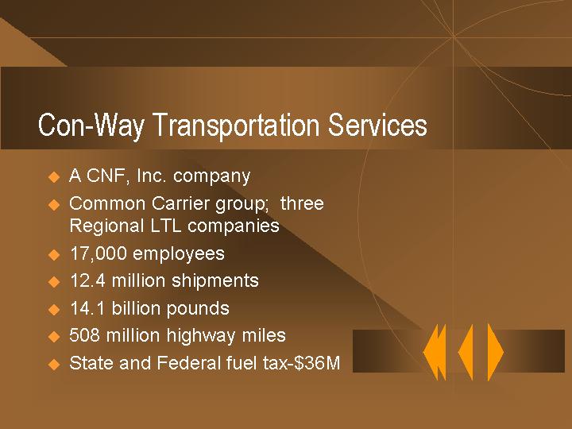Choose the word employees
tap(179, 253)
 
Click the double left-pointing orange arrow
tap(435, 351)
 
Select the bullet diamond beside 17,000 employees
tap(54, 255)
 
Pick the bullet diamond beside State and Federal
tap(54, 365)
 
